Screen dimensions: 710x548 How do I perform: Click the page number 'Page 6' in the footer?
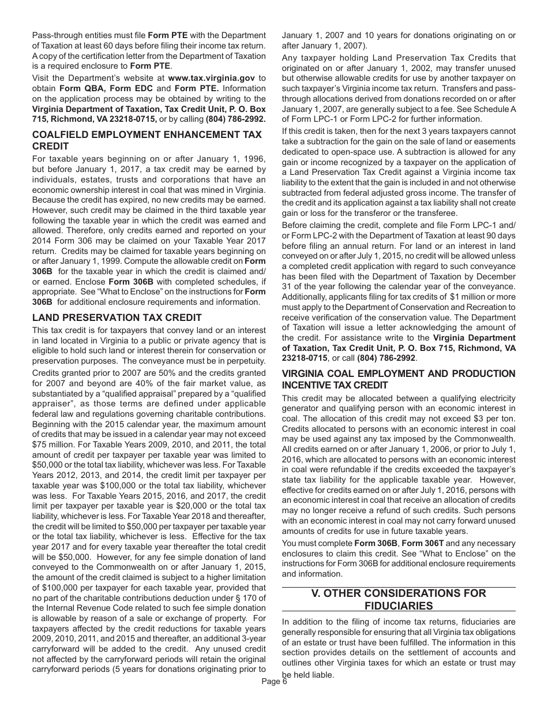[273, 681]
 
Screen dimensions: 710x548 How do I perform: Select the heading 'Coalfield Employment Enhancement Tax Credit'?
[147, 140]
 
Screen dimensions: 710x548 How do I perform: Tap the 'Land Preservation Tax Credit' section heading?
[117, 317]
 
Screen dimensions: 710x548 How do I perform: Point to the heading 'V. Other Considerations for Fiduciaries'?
[399, 599]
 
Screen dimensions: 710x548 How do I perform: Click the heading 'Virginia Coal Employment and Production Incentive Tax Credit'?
[399, 379]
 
